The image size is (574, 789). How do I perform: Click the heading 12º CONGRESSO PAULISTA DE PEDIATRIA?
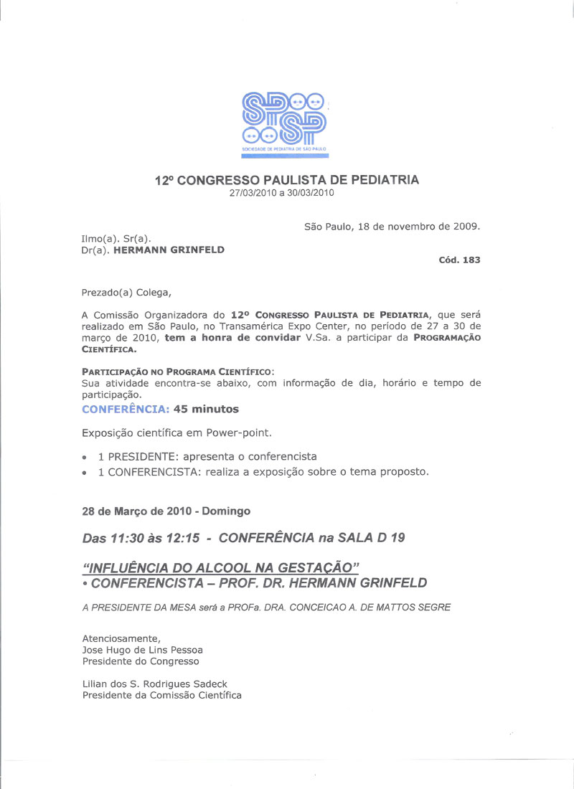[287, 181]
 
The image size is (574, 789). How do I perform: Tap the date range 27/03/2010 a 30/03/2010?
[281, 193]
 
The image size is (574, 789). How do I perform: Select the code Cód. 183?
[459, 260]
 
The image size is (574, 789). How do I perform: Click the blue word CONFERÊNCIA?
[126, 409]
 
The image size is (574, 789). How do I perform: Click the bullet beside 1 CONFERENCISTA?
[85, 473]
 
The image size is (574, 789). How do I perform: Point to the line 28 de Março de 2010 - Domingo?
[166, 511]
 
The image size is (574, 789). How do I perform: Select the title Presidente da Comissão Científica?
[162, 695]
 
